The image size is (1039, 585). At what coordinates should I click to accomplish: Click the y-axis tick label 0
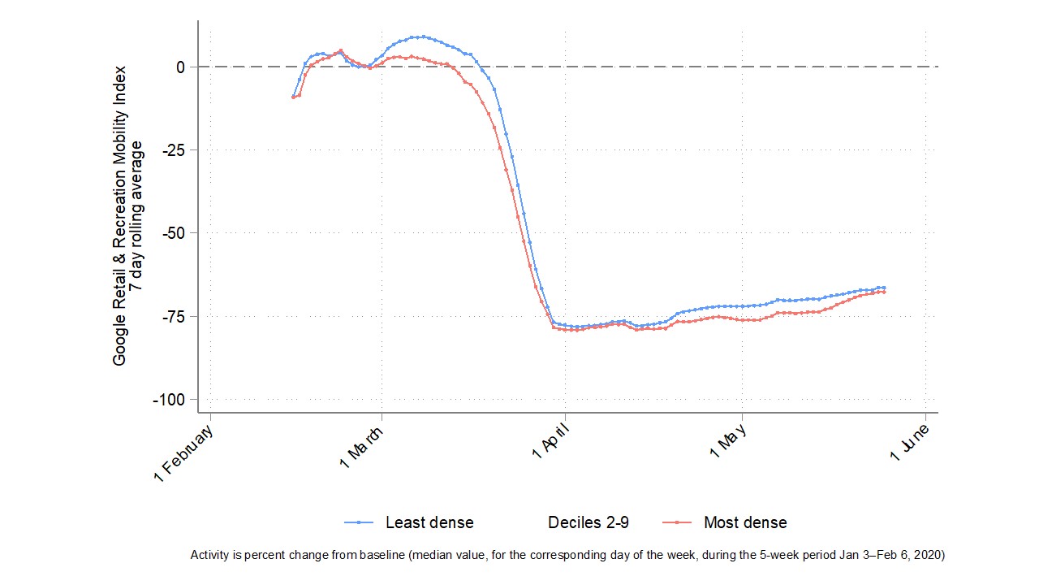(179, 67)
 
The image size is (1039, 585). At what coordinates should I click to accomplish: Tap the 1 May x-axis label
(729, 444)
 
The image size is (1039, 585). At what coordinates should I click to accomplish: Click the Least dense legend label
(429, 522)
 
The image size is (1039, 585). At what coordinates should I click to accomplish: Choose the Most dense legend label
(745, 522)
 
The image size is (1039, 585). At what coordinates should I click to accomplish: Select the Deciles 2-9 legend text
(588, 522)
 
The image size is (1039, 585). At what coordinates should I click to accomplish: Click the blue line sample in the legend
(359, 522)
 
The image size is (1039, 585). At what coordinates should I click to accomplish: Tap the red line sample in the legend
(677, 522)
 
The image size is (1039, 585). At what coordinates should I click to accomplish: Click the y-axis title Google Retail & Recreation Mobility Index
(120, 215)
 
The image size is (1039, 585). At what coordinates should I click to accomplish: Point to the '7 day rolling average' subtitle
(138, 215)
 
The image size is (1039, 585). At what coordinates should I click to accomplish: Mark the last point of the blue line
(883, 288)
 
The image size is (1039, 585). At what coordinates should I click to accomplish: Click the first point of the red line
(293, 97)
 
